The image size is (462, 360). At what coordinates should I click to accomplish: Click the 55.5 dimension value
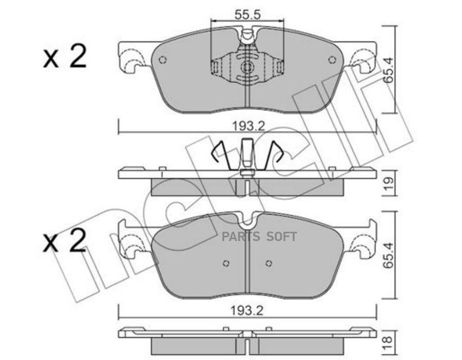248,14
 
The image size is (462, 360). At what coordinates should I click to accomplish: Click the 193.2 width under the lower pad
247,311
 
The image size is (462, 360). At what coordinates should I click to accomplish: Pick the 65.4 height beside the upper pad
389,70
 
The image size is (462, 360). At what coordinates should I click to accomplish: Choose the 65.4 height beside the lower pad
389,255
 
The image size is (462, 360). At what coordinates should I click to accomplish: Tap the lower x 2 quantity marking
65,240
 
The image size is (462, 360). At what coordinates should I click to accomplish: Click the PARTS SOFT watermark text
259,236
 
